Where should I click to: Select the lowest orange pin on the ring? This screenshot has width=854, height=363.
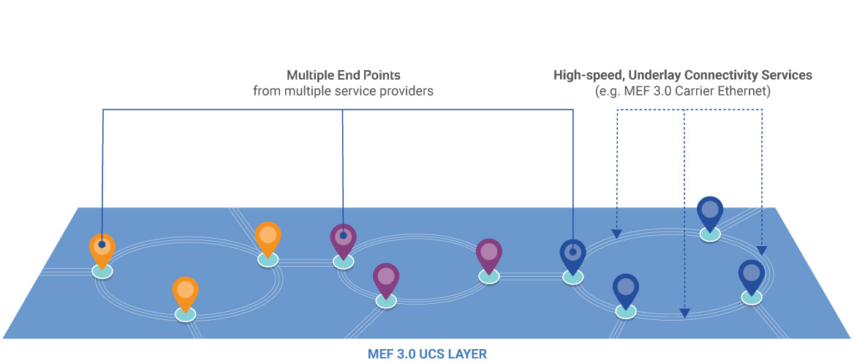(185, 291)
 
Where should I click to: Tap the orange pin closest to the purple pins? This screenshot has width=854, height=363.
(268, 237)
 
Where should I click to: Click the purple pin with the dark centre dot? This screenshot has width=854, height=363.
(343, 238)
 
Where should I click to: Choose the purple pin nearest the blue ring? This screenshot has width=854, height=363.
(489, 253)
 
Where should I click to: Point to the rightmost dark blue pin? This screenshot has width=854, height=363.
(751, 275)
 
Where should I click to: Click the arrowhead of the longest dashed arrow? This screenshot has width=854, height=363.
(684, 313)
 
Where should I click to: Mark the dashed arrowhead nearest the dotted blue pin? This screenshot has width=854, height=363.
(617, 234)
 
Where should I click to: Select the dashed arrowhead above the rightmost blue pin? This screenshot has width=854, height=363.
(762, 251)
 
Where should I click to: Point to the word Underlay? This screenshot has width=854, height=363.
(648, 75)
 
